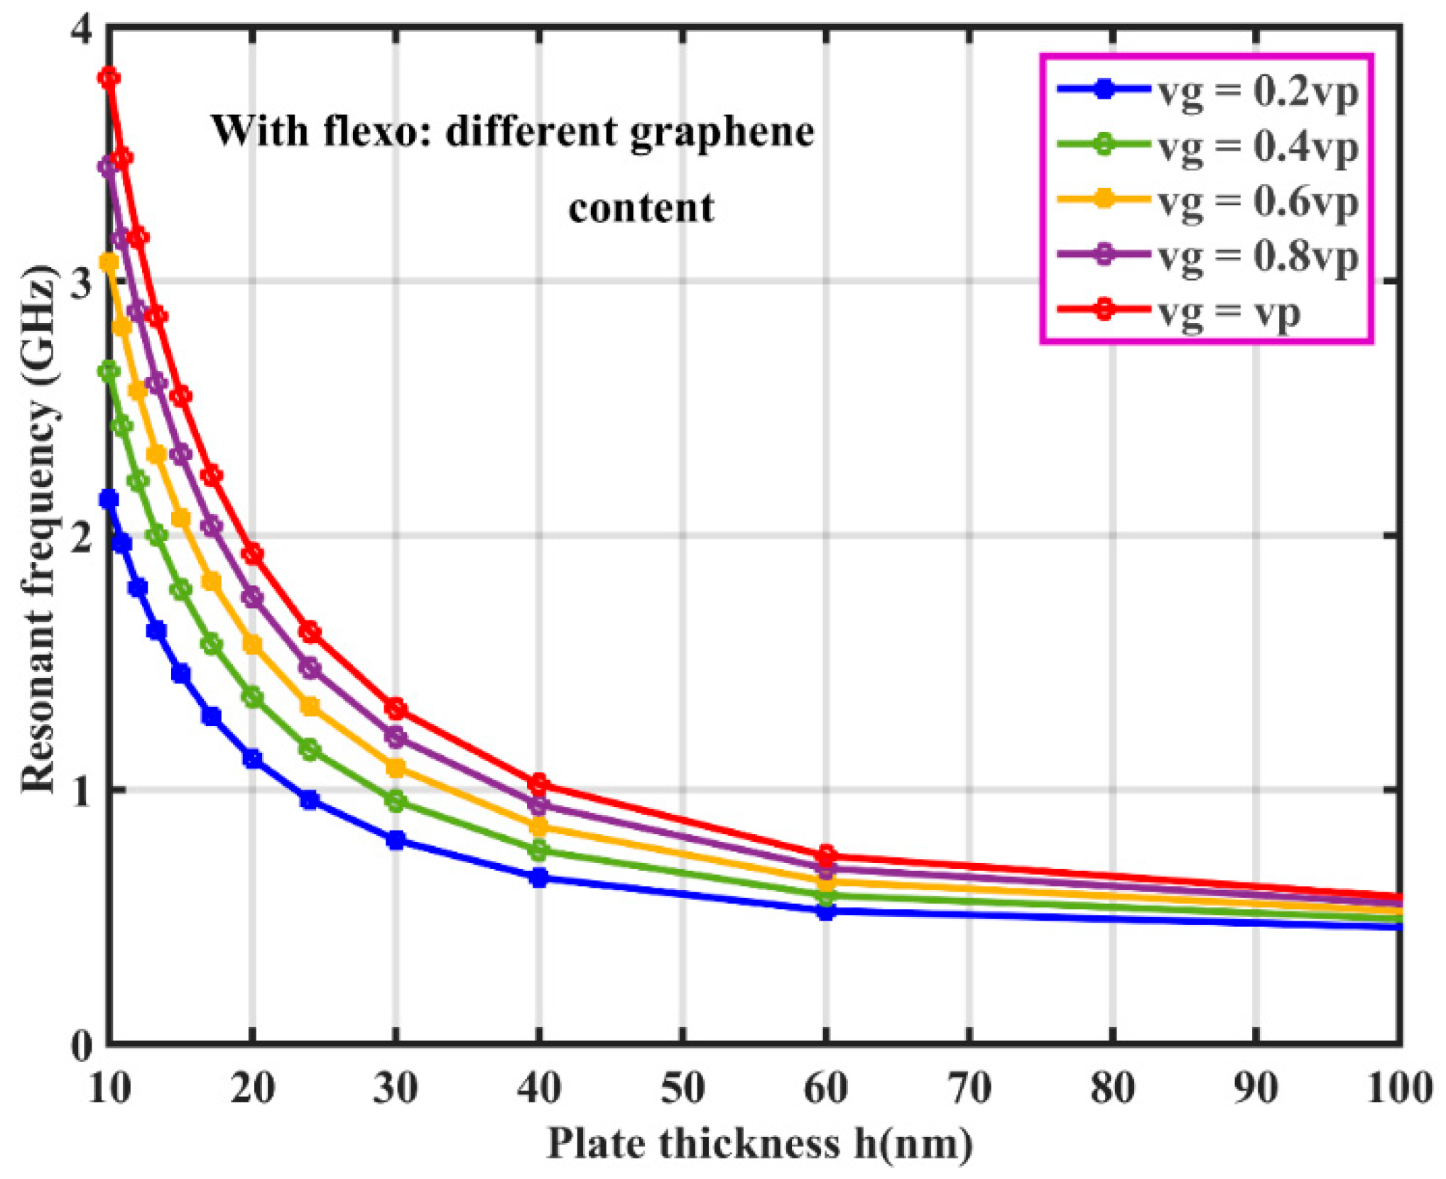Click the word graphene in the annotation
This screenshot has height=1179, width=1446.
click(x=722, y=133)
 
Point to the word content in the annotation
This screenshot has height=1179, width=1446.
click(x=641, y=209)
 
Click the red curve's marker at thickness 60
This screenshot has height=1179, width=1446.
click(x=826, y=854)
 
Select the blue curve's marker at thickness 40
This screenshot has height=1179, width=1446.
click(x=539, y=878)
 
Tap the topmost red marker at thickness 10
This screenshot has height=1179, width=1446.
click(x=109, y=77)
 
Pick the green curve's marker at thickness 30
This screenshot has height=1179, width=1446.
click(x=396, y=802)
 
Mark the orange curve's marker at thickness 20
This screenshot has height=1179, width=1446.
click(x=252, y=645)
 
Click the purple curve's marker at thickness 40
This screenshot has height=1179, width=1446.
click(x=539, y=805)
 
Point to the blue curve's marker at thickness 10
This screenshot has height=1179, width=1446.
click(x=109, y=499)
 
